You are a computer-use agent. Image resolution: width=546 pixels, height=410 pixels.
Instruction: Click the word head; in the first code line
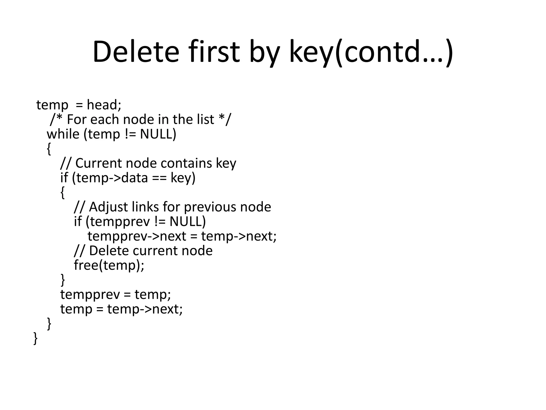[x=104, y=105]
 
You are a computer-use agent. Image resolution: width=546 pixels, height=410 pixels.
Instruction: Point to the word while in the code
[x=63, y=134]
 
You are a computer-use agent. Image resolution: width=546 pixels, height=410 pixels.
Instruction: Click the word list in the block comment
[x=205, y=119]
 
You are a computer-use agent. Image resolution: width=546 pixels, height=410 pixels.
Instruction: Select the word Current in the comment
[x=99, y=163]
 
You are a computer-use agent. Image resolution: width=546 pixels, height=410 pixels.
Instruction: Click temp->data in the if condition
[x=112, y=178]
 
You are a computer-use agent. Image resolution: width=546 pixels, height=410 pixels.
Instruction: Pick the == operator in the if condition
[x=159, y=178]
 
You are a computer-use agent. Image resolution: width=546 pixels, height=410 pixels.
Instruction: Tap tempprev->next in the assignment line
[x=137, y=236]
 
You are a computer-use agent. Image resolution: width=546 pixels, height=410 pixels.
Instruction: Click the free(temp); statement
[x=109, y=265]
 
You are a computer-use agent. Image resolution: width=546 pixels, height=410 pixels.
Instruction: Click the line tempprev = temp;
[x=115, y=294]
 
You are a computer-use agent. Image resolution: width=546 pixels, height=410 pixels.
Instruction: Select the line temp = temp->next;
[x=121, y=309]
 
